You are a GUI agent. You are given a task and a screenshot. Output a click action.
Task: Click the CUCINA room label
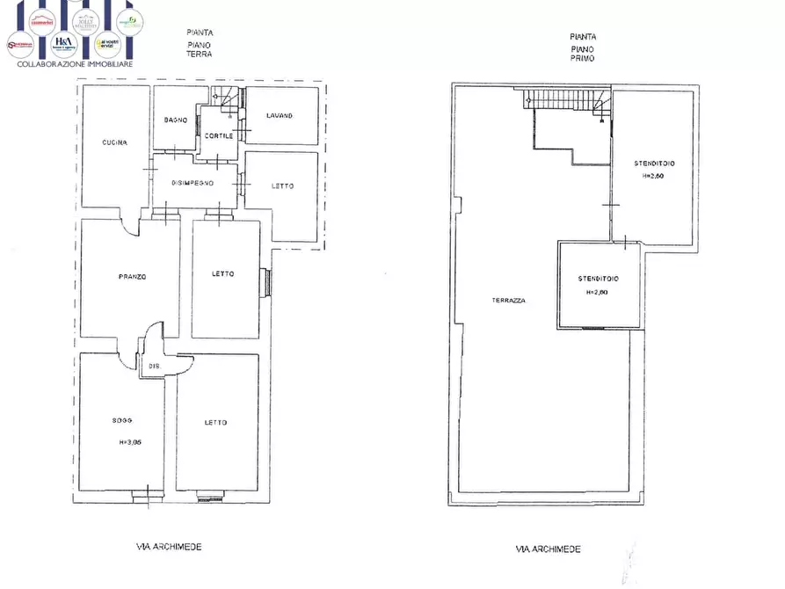point(115,142)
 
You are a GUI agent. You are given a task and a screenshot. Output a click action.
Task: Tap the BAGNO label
point(176,120)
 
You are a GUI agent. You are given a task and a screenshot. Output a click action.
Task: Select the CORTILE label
point(219,135)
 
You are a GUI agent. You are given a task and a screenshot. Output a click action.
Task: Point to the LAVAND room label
point(280,115)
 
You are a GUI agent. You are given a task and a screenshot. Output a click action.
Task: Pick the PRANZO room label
point(132,277)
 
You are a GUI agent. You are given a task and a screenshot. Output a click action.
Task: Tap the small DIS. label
point(154,366)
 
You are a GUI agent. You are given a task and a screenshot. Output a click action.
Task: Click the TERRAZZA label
point(508,301)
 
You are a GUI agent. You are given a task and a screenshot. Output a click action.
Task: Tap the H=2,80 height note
point(598,293)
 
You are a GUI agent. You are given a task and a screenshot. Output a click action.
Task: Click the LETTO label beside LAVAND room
point(282,185)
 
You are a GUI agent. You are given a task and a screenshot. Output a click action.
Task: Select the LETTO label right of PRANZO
point(223,274)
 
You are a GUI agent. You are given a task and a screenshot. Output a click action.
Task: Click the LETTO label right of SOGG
point(215,423)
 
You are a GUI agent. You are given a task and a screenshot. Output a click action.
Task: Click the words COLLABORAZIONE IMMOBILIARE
point(71,63)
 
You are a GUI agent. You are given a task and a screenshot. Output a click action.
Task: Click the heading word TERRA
point(200,55)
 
